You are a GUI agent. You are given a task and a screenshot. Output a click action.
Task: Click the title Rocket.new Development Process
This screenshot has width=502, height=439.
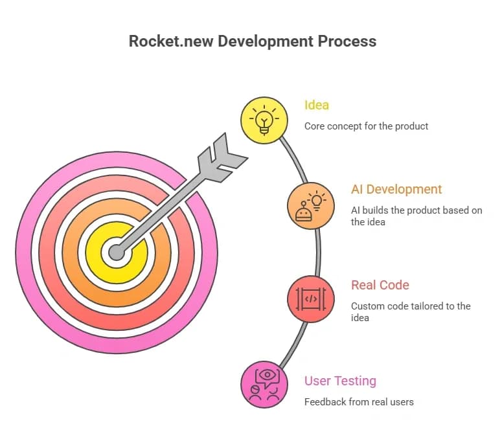(x=252, y=41)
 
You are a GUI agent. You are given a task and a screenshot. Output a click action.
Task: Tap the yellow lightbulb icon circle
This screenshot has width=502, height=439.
(x=264, y=120)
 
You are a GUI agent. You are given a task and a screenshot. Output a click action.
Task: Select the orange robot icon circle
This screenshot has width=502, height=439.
(x=311, y=206)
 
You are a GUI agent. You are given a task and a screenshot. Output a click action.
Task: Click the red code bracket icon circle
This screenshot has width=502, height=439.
(x=311, y=299)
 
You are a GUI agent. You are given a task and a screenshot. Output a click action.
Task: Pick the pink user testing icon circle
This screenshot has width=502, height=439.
(x=264, y=385)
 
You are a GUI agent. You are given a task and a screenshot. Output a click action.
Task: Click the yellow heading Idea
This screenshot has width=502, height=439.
(x=317, y=105)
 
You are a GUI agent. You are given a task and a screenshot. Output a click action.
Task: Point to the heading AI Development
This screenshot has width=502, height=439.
(x=396, y=190)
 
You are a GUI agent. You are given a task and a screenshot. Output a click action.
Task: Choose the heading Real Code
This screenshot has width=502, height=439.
(x=380, y=285)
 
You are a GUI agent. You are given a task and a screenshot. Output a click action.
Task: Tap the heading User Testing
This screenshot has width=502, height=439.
(x=340, y=381)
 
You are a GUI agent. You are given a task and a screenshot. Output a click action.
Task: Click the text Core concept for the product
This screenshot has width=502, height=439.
(x=366, y=126)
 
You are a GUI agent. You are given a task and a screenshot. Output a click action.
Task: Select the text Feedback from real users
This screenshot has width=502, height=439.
(x=359, y=402)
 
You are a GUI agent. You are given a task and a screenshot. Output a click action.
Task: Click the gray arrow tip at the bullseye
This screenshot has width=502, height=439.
(x=117, y=253)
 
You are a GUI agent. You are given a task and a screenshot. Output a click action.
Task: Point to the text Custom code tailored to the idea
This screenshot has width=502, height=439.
(x=411, y=312)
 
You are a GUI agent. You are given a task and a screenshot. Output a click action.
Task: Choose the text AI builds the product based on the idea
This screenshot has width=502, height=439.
(x=416, y=216)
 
